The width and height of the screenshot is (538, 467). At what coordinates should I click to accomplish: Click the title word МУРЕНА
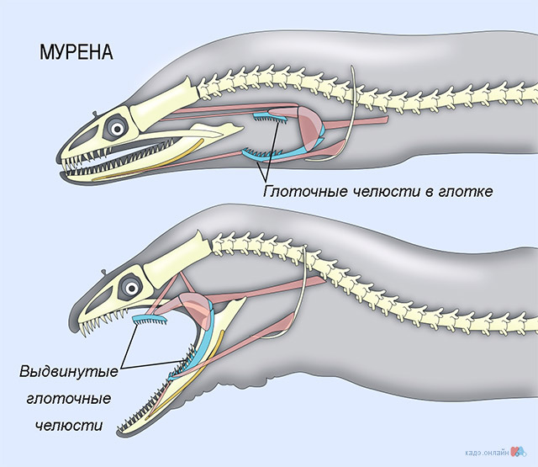click(x=76, y=51)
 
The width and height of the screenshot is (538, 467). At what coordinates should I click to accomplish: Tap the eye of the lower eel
click(x=131, y=284)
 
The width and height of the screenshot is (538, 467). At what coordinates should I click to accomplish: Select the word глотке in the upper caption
click(x=465, y=192)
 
